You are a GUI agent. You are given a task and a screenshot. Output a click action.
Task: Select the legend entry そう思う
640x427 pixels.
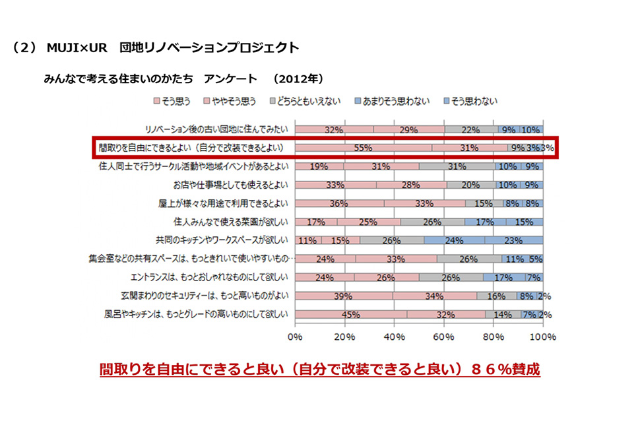[173, 101]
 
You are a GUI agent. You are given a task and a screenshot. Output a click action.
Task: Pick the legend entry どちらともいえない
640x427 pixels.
[308, 101]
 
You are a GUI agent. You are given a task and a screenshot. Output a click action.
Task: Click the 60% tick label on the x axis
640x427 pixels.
[444, 337]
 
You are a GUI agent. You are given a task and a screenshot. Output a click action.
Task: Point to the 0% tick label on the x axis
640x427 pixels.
[295, 337]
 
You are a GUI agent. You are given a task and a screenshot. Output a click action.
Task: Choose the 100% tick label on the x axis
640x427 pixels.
[543, 337]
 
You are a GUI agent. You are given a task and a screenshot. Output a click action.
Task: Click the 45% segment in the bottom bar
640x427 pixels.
[350, 315]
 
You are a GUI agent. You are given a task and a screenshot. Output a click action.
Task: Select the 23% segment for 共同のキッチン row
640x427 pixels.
[515, 241]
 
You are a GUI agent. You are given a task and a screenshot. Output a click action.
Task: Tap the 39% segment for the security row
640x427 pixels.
[343, 296]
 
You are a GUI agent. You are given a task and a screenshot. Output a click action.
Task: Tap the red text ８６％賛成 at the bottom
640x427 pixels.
[504, 369]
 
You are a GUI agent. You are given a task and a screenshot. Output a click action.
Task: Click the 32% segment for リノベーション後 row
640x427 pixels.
[334, 130]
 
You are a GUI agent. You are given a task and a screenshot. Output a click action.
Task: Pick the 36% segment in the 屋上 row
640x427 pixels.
[339, 204]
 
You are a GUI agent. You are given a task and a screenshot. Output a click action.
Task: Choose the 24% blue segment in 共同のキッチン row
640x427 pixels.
[455, 241]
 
